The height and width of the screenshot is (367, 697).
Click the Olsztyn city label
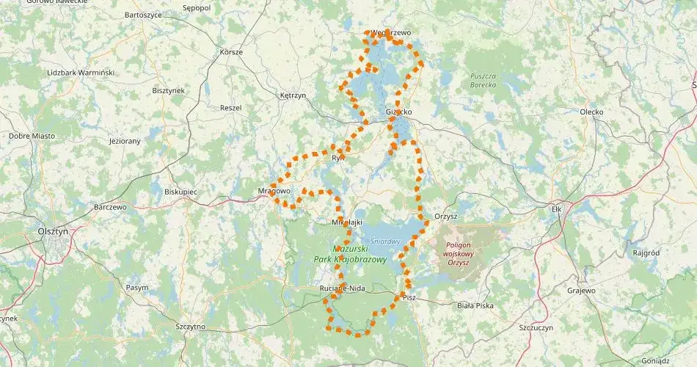(53, 230)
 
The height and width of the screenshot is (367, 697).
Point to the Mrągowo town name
(274, 191)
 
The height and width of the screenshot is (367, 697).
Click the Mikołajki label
(348, 221)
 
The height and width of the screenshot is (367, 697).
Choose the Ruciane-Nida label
(342, 288)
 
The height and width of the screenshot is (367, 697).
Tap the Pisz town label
(409, 297)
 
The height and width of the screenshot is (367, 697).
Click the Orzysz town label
(445, 216)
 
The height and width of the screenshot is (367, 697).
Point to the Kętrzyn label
(293, 95)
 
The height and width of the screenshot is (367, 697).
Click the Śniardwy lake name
(384, 241)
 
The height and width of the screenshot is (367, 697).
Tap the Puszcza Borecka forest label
(483, 80)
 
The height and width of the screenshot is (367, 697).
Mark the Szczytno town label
(191, 326)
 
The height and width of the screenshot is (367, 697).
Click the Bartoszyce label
(143, 15)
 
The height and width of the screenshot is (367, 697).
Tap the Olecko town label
(591, 112)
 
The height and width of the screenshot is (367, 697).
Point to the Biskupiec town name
(180, 191)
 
